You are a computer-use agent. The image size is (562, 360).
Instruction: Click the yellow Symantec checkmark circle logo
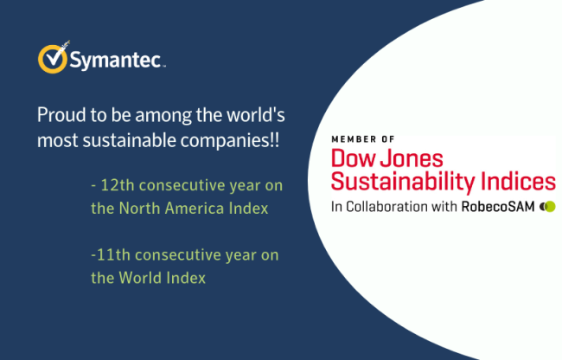click(x=53, y=59)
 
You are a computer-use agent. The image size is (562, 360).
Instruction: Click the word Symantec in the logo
click(x=115, y=60)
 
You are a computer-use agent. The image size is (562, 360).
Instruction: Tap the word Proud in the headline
click(x=61, y=115)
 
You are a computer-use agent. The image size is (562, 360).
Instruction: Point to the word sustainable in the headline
click(x=130, y=140)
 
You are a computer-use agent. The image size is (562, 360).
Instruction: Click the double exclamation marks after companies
click(x=274, y=140)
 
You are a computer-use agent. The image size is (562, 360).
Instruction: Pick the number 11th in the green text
click(x=113, y=255)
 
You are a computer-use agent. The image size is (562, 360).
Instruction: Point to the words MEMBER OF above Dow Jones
click(x=363, y=139)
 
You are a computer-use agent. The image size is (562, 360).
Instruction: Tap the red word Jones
click(x=412, y=158)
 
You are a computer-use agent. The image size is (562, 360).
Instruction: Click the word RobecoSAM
click(x=498, y=207)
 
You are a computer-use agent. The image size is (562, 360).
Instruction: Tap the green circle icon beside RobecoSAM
click(x=550, y=207)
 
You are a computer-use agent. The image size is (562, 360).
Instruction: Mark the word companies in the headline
click(x=226, y=140)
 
